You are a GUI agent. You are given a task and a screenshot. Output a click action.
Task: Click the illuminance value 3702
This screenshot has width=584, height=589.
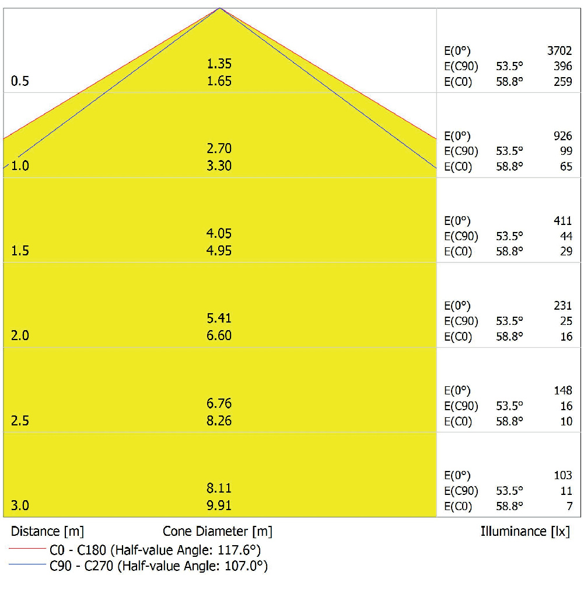pyautogui.click(x=559, y=51)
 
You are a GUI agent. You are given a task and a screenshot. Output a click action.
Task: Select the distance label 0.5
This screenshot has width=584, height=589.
pyautogui.click(x=20, y=81)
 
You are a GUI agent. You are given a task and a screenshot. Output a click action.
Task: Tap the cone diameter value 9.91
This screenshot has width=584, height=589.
pyautogui.click(x=219, y=506)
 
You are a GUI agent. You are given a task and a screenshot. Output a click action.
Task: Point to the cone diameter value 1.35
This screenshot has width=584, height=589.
pyautogui.click(x=219, y=64)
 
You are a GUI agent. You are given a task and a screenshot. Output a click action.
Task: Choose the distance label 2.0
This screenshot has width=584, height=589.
pyautogui.click(x=20, y=336)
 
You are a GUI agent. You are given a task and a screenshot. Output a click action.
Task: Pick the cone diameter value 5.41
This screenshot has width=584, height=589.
pyautogui.click(x=219, y=318)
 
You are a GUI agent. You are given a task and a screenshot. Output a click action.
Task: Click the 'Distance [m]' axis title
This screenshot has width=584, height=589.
pyautogui.click(x=47, y=532)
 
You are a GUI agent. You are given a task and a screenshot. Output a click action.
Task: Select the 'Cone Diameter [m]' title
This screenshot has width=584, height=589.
pyautogui.click(x=218, y=532)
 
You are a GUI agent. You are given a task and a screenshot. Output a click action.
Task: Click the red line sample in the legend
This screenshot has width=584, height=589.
pyautogui.click(x=27, y=550)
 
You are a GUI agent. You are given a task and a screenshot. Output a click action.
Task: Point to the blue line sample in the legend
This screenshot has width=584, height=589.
pyautogui.click(x=27, y=566)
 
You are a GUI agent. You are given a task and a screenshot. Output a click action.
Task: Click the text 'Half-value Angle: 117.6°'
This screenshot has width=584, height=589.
pyautogui.click(x=185, y=550)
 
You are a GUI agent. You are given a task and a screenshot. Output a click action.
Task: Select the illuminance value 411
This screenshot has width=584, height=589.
pyautogui.click(x=563, y=221)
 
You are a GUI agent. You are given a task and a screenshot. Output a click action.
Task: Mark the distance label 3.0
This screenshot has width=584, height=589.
pyautogui.click(x=20, y=506)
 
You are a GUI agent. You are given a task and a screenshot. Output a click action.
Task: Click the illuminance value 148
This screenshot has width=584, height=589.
pyautogui.click(x=563, y=390)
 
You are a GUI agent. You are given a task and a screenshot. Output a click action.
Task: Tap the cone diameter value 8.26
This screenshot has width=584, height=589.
pyautogui.click(x=219, y=421)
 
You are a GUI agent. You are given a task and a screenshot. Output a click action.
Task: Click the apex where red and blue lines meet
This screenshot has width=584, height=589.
pyautogui.click(x=220, y=8)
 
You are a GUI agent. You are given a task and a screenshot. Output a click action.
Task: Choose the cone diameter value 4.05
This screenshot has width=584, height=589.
pyautogui.click(x=219, y=234)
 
